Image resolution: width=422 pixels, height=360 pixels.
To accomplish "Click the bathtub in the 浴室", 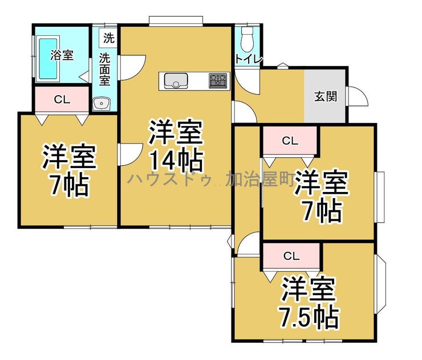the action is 48,59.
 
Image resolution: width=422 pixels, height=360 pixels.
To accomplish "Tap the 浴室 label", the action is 62,55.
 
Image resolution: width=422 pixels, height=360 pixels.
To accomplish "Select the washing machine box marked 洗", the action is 108,38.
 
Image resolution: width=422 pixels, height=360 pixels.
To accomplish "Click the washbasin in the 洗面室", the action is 102,104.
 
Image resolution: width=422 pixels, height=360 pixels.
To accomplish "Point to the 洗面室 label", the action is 105,69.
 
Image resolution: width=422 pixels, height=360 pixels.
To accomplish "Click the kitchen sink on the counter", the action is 176,81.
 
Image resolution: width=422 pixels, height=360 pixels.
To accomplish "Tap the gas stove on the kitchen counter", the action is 218,81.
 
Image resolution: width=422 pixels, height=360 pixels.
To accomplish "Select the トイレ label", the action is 249,59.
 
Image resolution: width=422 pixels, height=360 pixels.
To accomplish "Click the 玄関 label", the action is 326,96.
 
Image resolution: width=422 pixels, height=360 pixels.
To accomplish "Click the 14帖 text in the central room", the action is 176,161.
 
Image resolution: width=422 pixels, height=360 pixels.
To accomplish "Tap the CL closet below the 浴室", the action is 62,100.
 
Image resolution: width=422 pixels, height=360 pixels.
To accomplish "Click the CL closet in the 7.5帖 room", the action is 291,256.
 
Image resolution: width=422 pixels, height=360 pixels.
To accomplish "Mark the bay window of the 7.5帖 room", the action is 380,284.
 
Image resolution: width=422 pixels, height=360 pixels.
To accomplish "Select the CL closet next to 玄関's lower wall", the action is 290,140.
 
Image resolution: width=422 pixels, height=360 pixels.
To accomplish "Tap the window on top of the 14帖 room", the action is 176,21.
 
